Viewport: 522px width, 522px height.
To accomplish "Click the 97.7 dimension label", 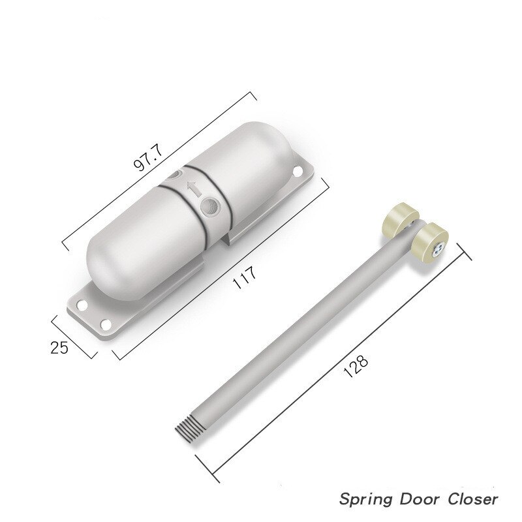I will click(x=148, y=155).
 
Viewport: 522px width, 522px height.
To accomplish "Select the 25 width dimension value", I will click(x=59, y=346).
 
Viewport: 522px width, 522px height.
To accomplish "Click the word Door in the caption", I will click(x=422, y=499).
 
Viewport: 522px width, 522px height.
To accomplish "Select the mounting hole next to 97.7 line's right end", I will click(x=298, y=172).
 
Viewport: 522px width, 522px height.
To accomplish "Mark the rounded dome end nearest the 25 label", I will click(x=108, y=261).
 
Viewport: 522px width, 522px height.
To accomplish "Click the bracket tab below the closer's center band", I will click(x=232, y=236).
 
